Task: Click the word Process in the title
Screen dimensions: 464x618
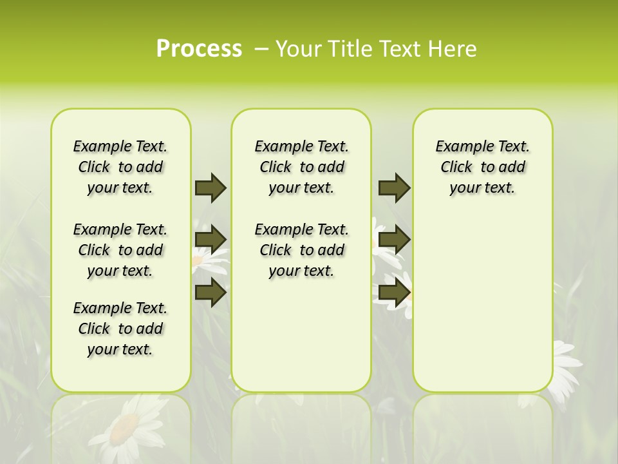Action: pos(199,49)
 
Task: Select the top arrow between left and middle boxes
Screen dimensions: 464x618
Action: pos(211,188)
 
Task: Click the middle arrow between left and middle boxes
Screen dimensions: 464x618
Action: pos(211,239)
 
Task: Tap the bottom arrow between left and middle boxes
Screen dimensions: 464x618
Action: pos(211,293)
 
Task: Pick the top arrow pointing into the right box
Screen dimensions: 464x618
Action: pos(394,188)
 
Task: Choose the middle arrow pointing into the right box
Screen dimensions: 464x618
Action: pos(394,240)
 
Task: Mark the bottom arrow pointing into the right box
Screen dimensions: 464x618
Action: pos(394,293)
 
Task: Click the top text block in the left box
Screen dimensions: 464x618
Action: pos(120,167)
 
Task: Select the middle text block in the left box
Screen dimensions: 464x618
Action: pos(120,250)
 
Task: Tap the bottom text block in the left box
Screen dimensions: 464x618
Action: pos(120,329)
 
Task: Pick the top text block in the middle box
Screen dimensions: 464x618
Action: pos(301,167)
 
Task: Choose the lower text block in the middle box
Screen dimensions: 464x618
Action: pos(301,250)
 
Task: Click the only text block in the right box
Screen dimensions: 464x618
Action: pos(482,167)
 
